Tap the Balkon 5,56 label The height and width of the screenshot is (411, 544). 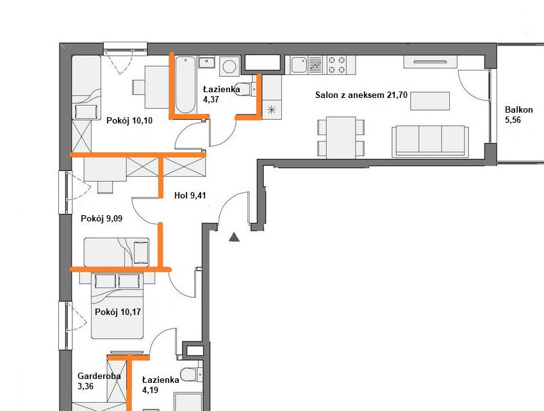pyautogui.click(x=518, y=115)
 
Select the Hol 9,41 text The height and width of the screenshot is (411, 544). pyautogui.click(x=190, y=196)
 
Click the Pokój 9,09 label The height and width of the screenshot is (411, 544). pyautogui.click(x=101, y=218)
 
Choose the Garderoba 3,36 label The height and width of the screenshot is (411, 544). pyautogui.click(x=99, y=381)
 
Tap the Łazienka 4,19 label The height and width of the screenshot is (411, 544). pyautogui.click(x=160, y=385)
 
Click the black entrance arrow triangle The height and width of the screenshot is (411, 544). pyautogui.click(x=234, y=238)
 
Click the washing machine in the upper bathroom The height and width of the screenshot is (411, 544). pyautogui.click(x=228, y=66)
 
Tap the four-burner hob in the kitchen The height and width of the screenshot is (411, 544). pyautogui.click(x=340, y=64)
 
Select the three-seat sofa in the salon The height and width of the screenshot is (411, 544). pyautogui.click(x=429, y=140)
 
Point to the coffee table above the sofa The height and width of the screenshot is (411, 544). pyautogui.click(x=429, y=101)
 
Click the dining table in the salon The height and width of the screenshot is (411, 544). pyautogui.click(x=340, y=136)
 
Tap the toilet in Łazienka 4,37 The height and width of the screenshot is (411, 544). pyautogui.click(x=245, y=90)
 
